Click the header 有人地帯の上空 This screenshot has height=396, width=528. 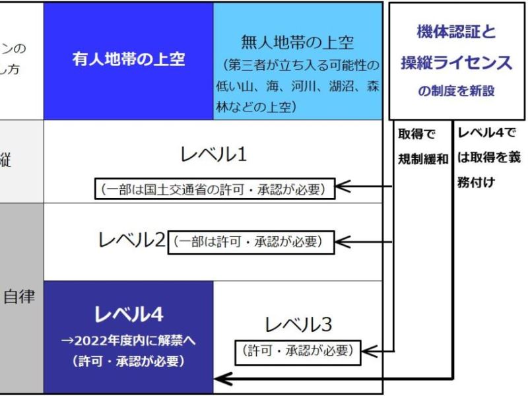[129, 59]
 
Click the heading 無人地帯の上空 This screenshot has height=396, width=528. [297, 44]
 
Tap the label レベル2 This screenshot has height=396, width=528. [131, 242]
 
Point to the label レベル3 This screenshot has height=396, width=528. [298, 325]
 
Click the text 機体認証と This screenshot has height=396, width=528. [456, 32]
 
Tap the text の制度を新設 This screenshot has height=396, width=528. [456, 92]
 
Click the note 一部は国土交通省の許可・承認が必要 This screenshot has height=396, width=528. [214, 188]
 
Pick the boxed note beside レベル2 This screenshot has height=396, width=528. [251, 242]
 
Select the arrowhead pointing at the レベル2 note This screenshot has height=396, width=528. [344, 242]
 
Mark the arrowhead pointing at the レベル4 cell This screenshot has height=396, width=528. [222, 379]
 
